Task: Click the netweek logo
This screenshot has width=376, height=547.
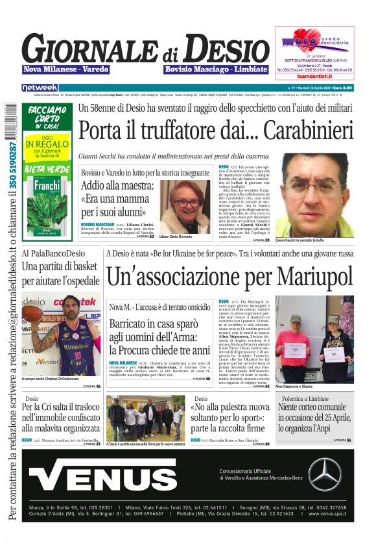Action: tap(40, 87)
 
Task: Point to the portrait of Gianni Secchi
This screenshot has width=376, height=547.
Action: tap(313, 203)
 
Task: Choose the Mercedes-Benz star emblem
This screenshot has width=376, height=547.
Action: tap(324, 474)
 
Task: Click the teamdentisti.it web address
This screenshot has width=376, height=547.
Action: tap(314, 76)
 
